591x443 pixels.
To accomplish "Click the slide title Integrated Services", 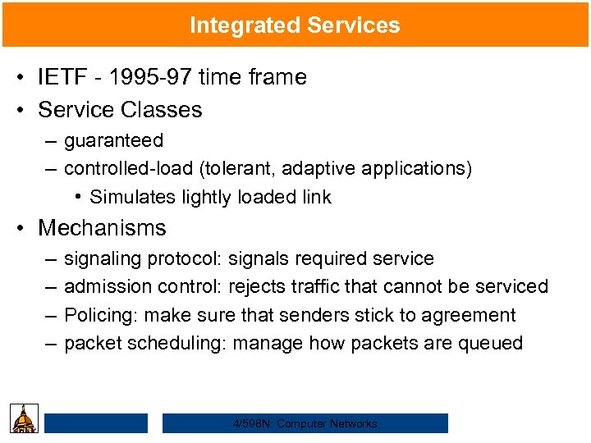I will point(295,25).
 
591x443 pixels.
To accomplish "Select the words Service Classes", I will point(120,109).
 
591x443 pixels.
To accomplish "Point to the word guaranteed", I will point(113,141).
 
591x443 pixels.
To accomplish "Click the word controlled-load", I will point(127,168).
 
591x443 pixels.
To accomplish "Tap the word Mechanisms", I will point(102,227).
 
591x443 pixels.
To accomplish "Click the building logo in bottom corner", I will point(23,418).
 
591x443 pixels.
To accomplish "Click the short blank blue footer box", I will point(96,423).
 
